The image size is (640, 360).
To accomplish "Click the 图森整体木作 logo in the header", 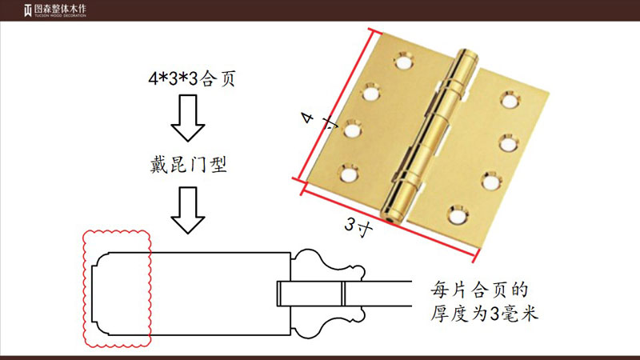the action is click(x=55, y=10).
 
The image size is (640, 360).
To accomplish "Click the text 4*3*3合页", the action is click(x=192, y=78).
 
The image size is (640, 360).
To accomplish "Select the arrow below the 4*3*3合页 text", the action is click(x=188, y=118).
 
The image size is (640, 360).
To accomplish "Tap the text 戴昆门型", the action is click(x=188, y=165).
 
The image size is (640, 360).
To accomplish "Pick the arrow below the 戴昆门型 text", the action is click(x=188, y=210).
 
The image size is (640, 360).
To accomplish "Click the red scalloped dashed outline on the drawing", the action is click(x=83, y=289).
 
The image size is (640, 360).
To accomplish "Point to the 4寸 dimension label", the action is click(x=318, y=121).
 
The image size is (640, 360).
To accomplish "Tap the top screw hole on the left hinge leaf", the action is click(x=404, y=62).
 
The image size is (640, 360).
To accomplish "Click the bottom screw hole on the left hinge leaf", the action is click(x=349, y=174).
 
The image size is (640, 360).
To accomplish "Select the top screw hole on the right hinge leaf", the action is click(x=510, y=101).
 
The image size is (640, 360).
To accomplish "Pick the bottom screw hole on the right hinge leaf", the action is click(x=458, y=216).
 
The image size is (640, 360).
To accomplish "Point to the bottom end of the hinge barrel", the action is click(x=391, y=219).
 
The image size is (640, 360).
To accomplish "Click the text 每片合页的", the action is click(x=479, y=290).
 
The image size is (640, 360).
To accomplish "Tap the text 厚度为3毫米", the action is click(x=485, y=314).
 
